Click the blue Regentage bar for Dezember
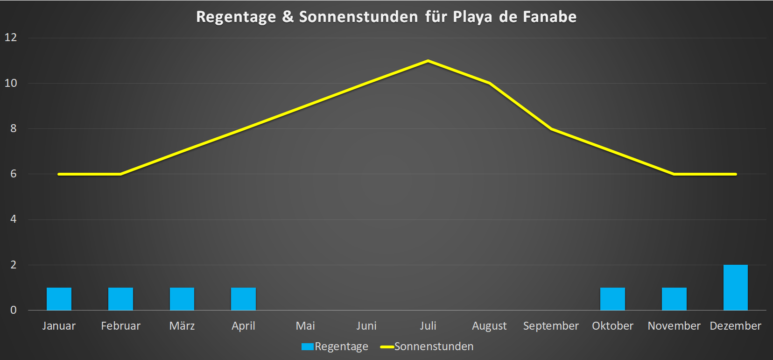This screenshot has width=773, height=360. pyautogui.click(x=735, y=287)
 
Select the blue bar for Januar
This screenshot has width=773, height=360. pyautogui.click(x=59, y=299)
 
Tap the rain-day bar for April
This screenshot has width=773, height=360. pyautogui.click(x=243, y=299)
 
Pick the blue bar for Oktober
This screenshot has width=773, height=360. pyautogui.click(x=612, y=299)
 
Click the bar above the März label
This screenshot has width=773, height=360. pyautogui.click(x=182, y=299)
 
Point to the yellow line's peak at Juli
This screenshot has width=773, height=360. pyautogui.click(x=428, y=61)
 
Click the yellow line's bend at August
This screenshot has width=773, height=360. pyautogui.click(x=489, y=83)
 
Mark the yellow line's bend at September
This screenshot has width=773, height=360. pyautogui.click(x=551, y=128)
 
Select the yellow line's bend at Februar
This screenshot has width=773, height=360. pyautogui.click(x=120, y=174)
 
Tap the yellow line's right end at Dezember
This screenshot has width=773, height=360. pyautogui.click(x=735, y=174)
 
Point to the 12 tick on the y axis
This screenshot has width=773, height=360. pyautogui.click(x=11, y=37)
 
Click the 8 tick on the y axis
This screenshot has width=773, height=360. pyautogui.click(x=14, y=128)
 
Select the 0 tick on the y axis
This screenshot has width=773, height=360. pyautogui.click(x=14, y=310)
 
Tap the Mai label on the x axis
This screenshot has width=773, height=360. pyautogui.click(x=305, y=326)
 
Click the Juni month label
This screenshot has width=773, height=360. pyautogui.click(x=366, y=326)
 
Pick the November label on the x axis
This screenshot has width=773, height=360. pyautogui.click(x=674, y=326)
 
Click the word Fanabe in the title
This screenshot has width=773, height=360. pyautogui.click(x=549, y=17)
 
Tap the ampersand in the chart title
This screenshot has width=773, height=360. pyautogui.click(x=288, y=17)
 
